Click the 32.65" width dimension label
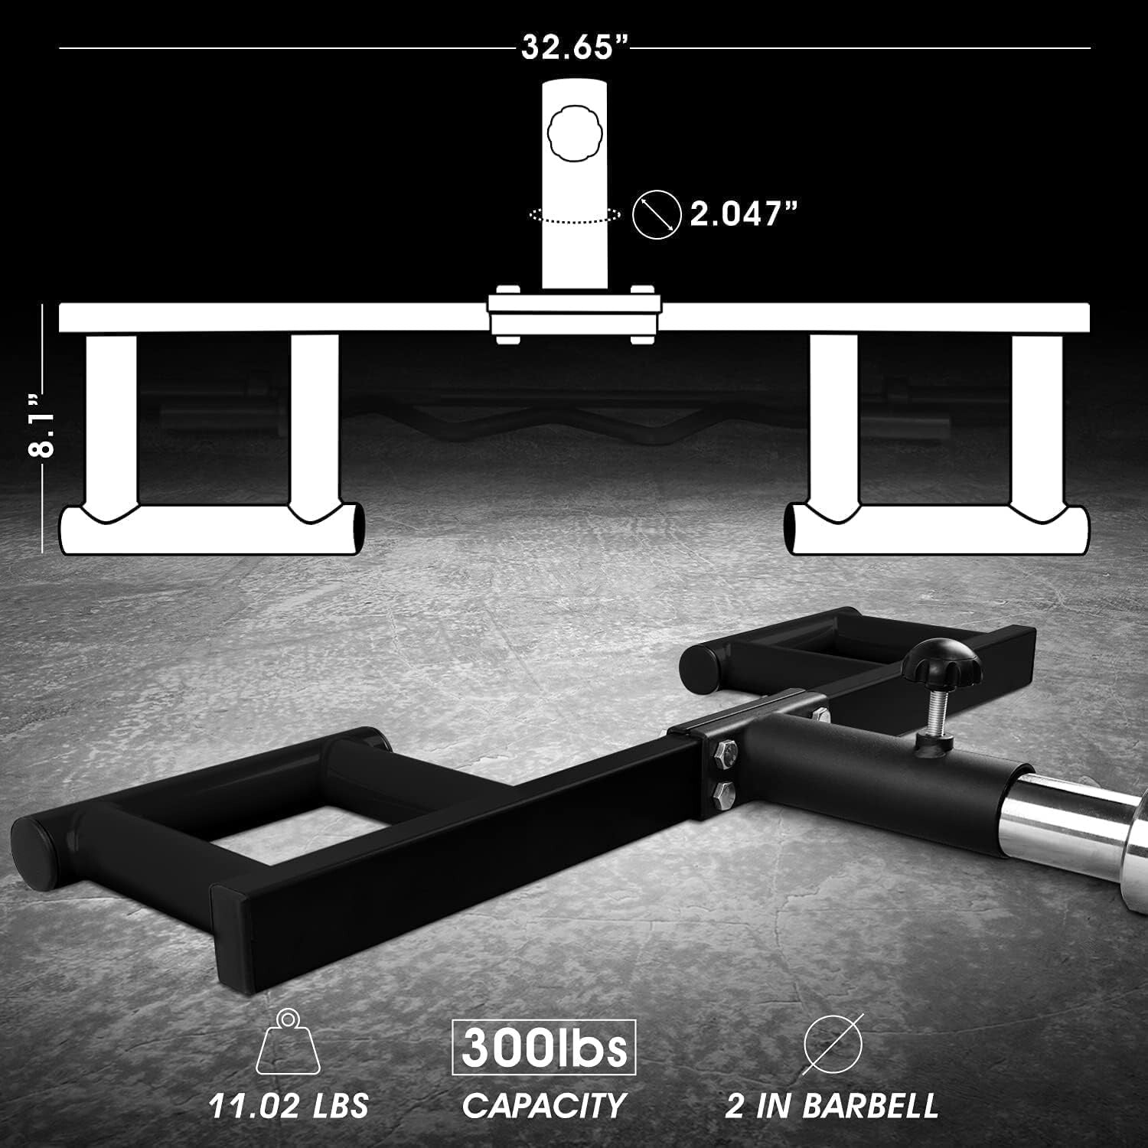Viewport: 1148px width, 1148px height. tap(575, 47)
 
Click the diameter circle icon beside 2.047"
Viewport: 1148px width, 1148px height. tap(657, 214)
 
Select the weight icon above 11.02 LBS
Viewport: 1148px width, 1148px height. tap(287, 1042)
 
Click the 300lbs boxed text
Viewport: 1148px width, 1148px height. tap(543, 1047)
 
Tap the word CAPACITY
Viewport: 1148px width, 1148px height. tap(543, 1105)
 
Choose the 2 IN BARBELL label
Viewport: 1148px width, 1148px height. tap(831, 1105)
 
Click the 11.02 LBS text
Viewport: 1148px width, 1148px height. tap(289, 1105)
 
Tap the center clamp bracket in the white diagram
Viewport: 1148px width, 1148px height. tap(574, 315)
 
